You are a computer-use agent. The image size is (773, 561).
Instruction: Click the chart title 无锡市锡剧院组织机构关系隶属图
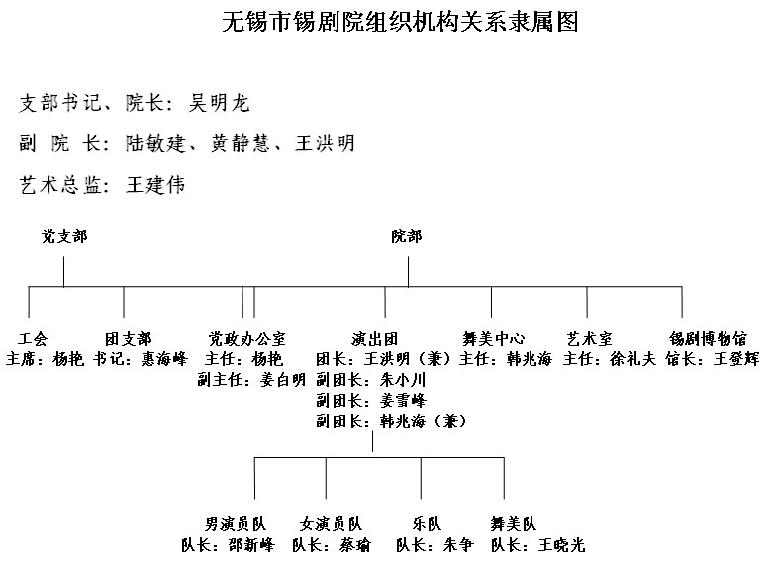[400, 22]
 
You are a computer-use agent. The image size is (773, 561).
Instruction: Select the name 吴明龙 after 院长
[220, 103]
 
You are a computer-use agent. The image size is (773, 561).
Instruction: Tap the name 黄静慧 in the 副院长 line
[240, 143]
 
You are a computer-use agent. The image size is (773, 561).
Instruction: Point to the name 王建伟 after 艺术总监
[155, 185]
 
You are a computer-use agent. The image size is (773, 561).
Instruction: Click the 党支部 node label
[64, 236]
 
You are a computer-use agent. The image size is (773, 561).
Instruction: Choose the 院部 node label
[407, 236]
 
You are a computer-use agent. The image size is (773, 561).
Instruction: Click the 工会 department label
[33, 339]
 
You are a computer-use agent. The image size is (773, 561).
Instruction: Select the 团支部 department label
[129, 339]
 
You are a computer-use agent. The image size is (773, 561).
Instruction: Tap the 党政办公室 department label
[246, 339]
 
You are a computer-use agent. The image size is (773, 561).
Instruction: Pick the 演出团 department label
[375, 339]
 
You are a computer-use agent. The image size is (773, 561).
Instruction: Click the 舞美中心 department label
[494, 339]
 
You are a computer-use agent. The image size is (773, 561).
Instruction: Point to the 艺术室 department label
[589, 339]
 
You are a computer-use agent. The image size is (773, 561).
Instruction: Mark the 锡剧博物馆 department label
[708, 339]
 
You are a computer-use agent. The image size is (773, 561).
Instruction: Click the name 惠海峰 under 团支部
[164, 359]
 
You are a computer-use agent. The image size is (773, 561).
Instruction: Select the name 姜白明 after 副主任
[282, 380]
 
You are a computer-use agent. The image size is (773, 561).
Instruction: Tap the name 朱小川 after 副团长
[403, 380]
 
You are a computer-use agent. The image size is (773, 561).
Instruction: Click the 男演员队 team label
[236, 524]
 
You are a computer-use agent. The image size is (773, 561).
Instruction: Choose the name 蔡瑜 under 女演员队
[354, 545]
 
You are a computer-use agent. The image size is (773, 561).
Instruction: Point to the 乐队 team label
[427, 524]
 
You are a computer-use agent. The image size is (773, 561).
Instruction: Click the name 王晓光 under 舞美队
[561, 545]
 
